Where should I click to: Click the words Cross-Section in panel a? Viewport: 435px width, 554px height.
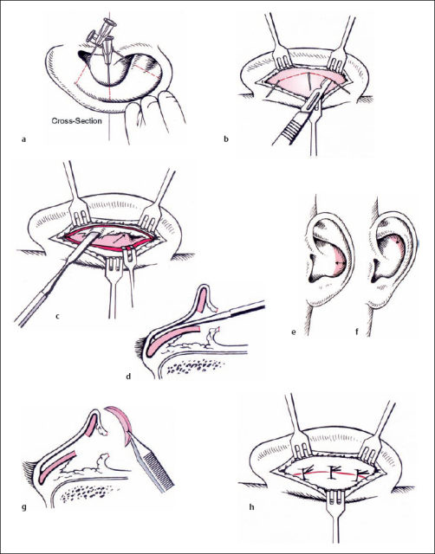coord(77,121)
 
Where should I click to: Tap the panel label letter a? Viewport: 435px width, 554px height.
coord(23,139)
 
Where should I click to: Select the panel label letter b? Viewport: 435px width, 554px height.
coord(226,138)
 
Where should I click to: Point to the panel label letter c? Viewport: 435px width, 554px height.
coord(57,316)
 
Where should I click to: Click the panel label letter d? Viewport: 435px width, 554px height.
coord(128,377)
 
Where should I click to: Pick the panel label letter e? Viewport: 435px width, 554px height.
coord(294,332)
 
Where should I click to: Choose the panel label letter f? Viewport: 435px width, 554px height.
coord(357,332)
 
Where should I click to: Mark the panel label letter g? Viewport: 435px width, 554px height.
coord(23,508)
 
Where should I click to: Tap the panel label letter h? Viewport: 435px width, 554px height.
coord(252,507)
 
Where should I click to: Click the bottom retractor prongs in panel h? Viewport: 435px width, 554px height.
coord(334,499)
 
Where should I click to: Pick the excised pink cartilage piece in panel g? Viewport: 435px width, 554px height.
coord(121,423)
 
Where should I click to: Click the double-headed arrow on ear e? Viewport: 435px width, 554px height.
coord(341,263)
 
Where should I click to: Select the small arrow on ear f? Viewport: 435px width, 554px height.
coord(398,242)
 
